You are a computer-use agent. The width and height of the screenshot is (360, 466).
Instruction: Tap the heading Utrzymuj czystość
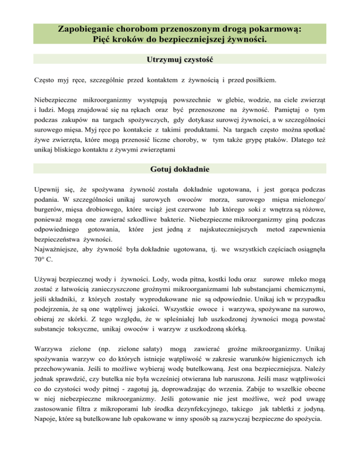point(180,60)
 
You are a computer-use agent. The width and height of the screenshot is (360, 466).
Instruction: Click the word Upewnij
point(49,191)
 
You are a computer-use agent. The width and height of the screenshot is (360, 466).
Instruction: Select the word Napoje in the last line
point(46,425)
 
